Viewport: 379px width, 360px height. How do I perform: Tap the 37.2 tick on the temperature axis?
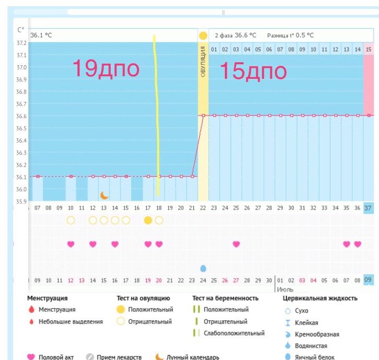pyautogui.click(x=21, y=43)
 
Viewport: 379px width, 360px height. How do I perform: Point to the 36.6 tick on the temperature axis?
pyautogui.click(x=21, y=116)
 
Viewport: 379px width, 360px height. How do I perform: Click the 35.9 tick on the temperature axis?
pyautogui.click(x=21, y=201)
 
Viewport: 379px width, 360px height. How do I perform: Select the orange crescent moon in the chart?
pyautogui.click(x=105, y=195)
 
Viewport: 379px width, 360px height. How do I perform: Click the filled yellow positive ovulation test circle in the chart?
pyautogui.click(x=148, y=220)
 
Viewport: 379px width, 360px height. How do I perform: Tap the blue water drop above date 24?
pyautogui.click(x=203, y=268)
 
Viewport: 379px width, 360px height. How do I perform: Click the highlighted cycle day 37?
pyautogui.click(x=369, y=208)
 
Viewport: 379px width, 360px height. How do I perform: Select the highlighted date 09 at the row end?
pyautogui.click(x=369, y=280)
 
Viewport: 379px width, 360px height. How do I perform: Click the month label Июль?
pyautogui.click(x=285, y=289)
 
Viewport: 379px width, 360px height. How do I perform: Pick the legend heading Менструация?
pyautogui.click(x=47, y=298)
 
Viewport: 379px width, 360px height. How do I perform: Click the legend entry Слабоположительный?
pyautogui.click(x=234, y=333)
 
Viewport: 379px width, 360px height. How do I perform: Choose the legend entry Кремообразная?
pyautogui.click(x=317, y=334)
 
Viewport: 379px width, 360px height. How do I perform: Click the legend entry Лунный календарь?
pyautogui.click(x=192, y=357)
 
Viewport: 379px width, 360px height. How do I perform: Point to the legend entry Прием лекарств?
pyautogui.click(x=119, y=357)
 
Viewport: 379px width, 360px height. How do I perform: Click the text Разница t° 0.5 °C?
pyautogui.click(x=290, y=35)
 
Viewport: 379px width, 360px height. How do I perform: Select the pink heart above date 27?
pyautogui.click(x=236, y=244)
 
